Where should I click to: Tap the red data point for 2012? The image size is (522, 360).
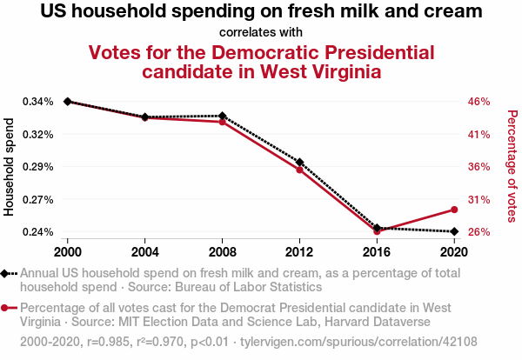[299, 170]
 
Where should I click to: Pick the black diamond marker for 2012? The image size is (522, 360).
[299, 162]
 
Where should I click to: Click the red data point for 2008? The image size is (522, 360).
[222, 122]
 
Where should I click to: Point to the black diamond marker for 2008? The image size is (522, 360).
[222, 116]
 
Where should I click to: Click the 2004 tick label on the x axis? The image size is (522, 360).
[144, 252]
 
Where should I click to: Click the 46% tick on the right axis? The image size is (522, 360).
[480, 102]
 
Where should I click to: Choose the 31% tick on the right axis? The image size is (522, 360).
[480, 200]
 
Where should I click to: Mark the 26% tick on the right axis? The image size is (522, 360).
[480, 232]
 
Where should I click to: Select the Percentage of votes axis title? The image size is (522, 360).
[512, 166]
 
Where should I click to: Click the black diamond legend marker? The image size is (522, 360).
[8, 273]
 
